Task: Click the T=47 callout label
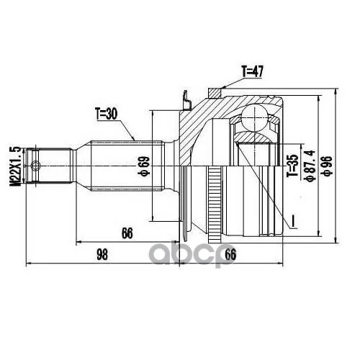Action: pyautogui.click(x=252, y=71)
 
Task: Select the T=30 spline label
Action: pyautogui.click(x=106, y=114)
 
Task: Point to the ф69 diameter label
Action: pyautogui.click(x=145, y=166)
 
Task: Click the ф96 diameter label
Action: pyautogui.click(x=328, y=166)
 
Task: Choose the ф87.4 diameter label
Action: pyautogui.click(x=310, y=166)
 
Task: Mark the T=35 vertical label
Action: pyautogui.click(x=293, y=166)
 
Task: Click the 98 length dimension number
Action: pyautogui.click(x=102, y=255)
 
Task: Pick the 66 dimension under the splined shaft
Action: pyautogui.click(x=127, y=233)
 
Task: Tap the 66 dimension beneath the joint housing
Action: pyautogui.click(x=230, y=254)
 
